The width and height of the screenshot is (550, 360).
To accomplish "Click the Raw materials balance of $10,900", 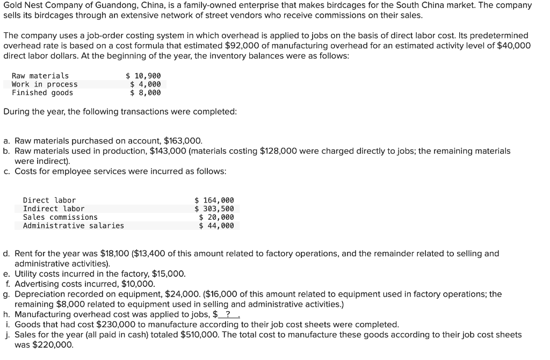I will point(143,76).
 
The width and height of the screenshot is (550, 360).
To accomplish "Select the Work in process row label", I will point(45,84).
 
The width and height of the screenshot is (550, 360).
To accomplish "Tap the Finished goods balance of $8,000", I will point(146,93).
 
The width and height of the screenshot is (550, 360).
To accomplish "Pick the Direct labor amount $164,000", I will point(214,200).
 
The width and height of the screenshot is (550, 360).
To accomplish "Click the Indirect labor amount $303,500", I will point(214,208).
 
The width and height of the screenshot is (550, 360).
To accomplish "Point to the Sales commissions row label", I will point(60,217).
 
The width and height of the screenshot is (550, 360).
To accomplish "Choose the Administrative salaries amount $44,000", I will point(216,226).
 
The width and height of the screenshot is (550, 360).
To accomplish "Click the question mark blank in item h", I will point(228,314).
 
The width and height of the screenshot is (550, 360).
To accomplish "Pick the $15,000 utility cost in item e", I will point(169,273).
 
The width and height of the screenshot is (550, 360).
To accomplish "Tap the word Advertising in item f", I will point(37,284).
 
